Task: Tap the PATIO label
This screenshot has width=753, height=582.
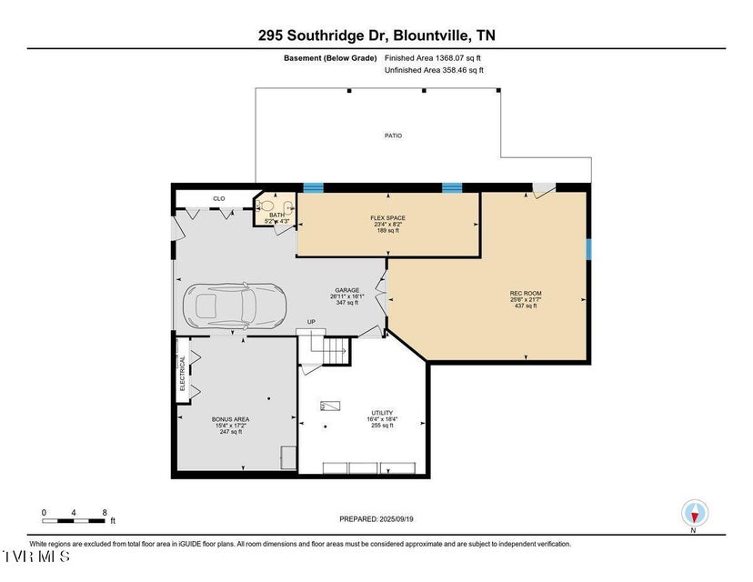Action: click(392, 135)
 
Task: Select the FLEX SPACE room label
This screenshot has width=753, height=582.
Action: click(387, 218)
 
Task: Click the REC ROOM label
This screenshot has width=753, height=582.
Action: click(526, 293)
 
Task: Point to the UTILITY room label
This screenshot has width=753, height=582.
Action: click(382, 411)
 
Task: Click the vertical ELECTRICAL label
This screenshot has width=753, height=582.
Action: click(182, 373)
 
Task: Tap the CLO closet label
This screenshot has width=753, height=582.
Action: click(218, 198)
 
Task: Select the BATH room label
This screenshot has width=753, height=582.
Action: click(276, 215)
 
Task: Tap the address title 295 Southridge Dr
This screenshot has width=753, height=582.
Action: click(376, 35)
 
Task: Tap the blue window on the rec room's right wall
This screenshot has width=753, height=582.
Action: click(589, 248)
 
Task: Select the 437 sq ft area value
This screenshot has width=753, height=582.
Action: click(526, 306)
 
